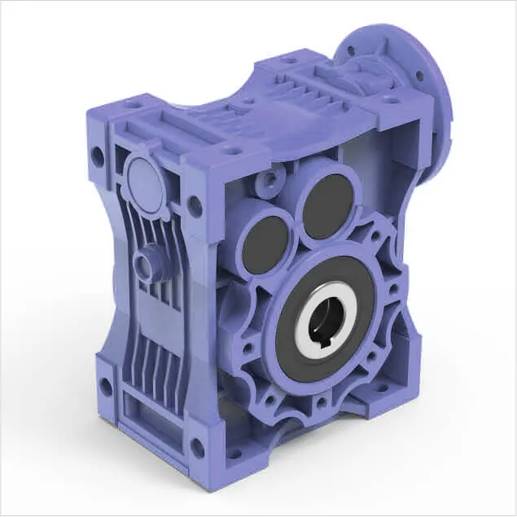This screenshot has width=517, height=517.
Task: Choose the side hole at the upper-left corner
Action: tap(98, 156)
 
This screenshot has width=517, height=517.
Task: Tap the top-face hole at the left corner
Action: tap(131, 105)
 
